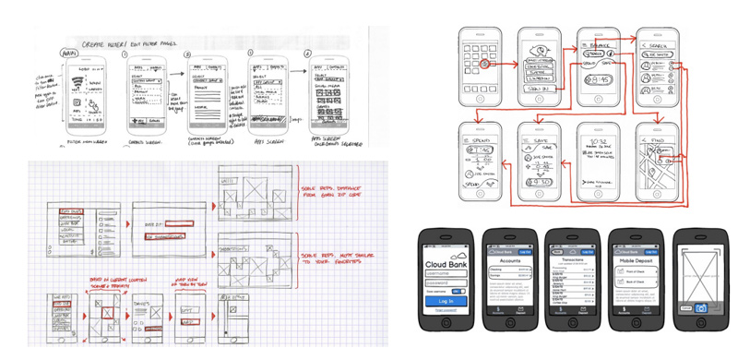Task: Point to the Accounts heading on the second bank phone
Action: (x=505, y=261)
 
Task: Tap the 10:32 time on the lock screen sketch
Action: (x=592, y=141)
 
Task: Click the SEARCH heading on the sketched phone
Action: (x=656, y=43)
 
